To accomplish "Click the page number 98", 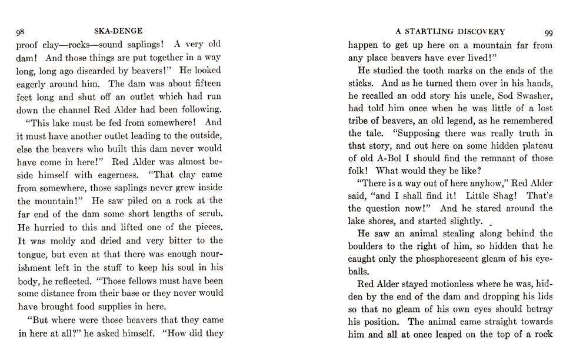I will (x=20, y=32).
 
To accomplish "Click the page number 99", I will (x=548, y=32).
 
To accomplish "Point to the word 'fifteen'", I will (x=204, y=84).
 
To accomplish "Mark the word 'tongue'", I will (x=35, y=254).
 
